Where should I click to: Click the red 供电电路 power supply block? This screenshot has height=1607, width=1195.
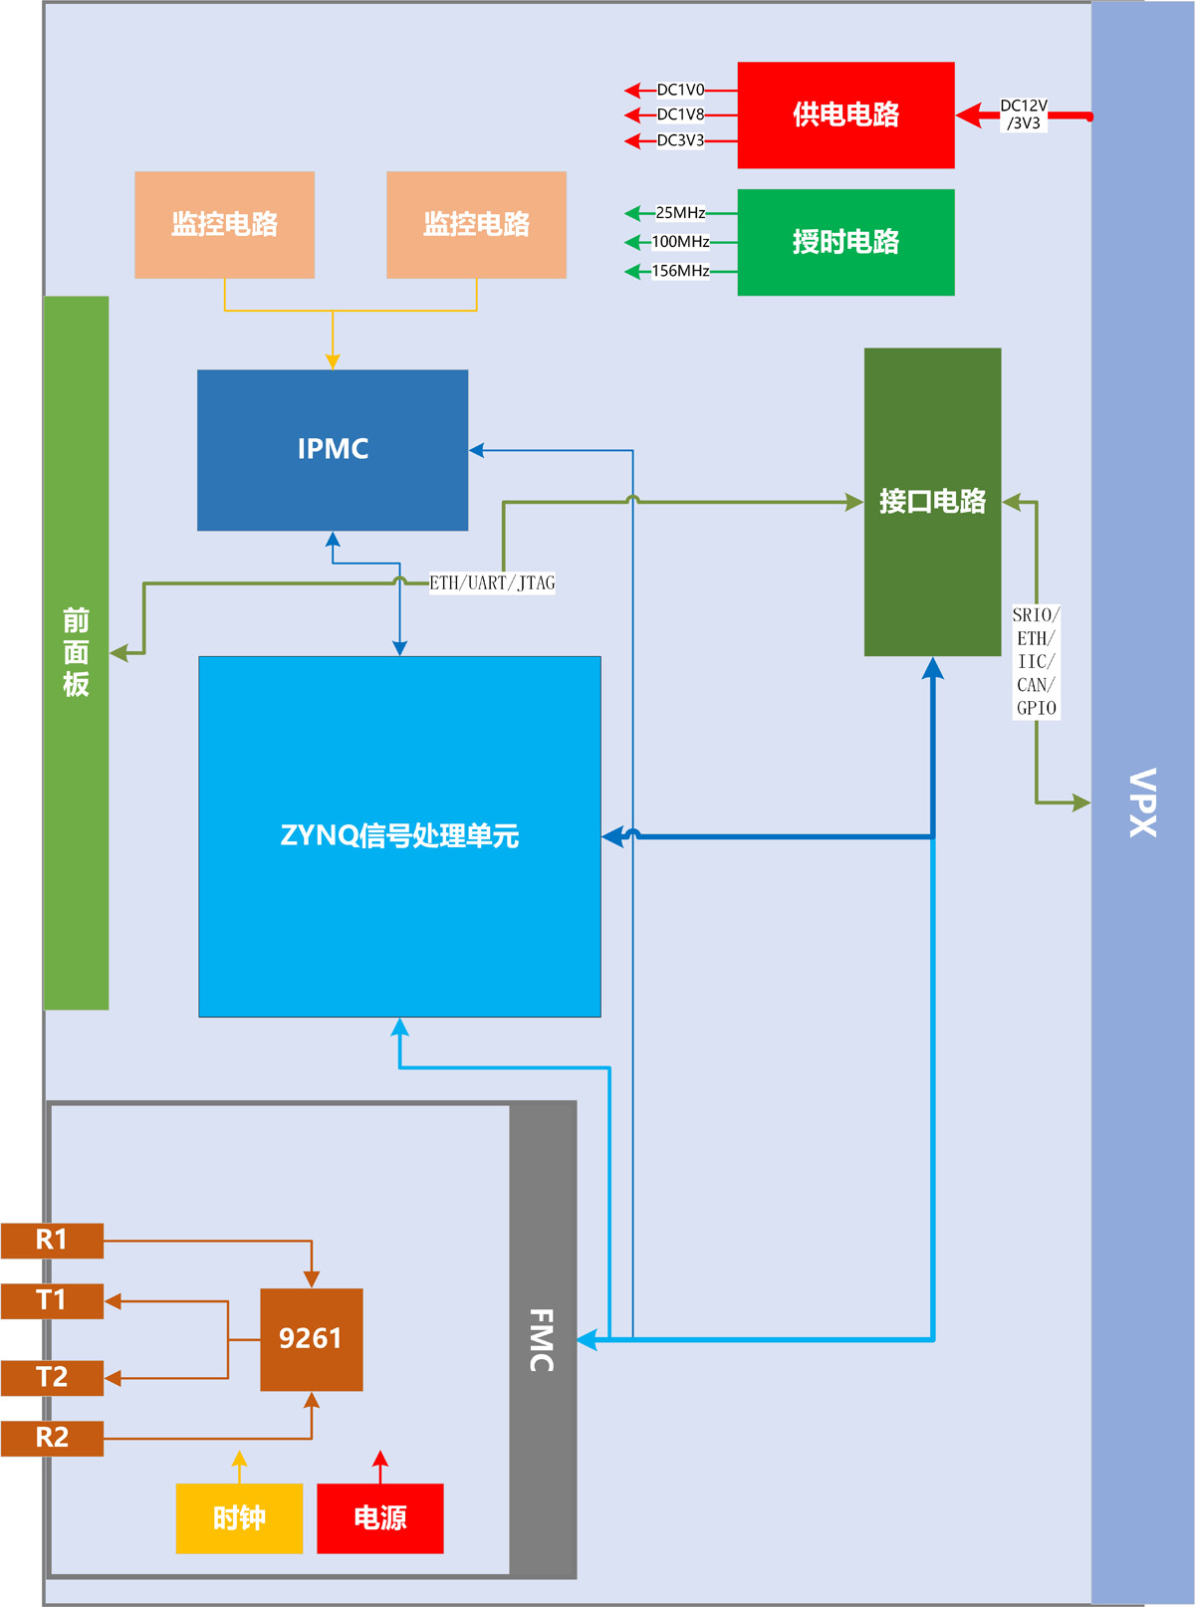(x=845, y=115)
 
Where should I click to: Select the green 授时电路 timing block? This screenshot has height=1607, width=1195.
(x=845, y=242)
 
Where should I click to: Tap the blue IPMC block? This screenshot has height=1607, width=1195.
(x=333, y=450)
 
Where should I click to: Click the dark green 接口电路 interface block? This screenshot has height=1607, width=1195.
(x=932, y=502)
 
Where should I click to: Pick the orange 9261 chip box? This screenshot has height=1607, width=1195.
(x=311, y=1339)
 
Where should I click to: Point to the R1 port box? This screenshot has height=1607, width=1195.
(x=52, y=1241)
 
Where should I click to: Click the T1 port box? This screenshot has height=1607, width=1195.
(x=52, y=1300)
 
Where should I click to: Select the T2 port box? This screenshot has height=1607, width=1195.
(x=52, y=1378)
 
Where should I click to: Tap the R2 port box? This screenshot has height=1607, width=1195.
(x=52, y=1438)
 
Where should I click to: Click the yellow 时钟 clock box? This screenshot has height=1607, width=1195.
(x=239, y=1518)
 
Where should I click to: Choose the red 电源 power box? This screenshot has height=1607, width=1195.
(x=380, y=1518)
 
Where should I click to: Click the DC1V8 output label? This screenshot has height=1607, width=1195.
(x=680, y=115)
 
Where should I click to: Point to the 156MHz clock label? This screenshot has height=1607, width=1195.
(x=680, y=271)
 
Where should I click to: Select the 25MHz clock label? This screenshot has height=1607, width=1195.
(x=680, y=212)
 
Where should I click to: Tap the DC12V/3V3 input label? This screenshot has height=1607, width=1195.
(x=1024, y=115)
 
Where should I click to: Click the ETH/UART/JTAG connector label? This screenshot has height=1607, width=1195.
(x=492, y=582)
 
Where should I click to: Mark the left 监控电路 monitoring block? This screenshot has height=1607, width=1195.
(x=224, y=224)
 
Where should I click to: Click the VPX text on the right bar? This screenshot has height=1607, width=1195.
(x=1142, y=803)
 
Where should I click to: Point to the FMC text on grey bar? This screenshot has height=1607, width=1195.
(x=541, y=1340)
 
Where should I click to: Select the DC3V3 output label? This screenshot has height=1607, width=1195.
(x=680, y=140)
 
